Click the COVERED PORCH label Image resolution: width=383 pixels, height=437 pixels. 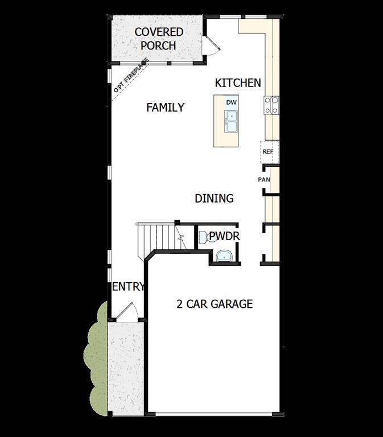[159, 38]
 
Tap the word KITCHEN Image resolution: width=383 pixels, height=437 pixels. [238, 83]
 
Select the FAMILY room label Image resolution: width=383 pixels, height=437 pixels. [165, 107]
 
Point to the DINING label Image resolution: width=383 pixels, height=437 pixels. [214, 198]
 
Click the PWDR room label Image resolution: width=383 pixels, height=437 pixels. [224, 236]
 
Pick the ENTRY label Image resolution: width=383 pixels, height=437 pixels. [128, 287]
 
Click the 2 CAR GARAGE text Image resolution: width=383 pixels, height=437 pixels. [214, 304]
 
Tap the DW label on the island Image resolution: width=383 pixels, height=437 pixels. [231, 102]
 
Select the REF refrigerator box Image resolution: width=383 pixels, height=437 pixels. [268, 152]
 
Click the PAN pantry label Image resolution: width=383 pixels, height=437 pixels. [263, 180]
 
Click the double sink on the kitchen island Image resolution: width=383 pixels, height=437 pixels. [231, 121]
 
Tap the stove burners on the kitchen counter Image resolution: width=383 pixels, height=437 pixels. [271, 105]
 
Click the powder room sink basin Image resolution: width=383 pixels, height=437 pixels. [224, 255]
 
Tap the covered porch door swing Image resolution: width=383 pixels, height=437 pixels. [211, 44]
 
